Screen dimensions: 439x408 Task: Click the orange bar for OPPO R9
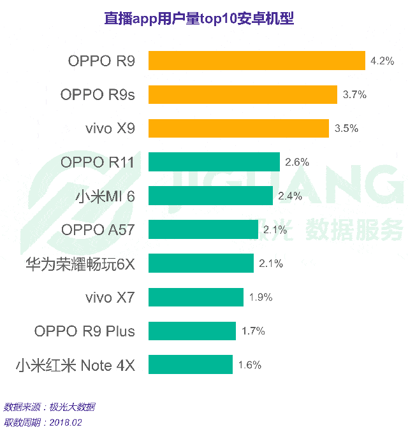click(257, 61)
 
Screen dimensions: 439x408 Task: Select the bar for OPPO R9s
click(243, 94)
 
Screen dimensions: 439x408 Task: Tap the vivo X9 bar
click(239, 128)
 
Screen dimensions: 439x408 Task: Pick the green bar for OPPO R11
click(214, 162)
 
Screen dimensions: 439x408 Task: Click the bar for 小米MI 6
click(210, 196)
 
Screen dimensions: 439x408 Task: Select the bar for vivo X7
click(196, 297)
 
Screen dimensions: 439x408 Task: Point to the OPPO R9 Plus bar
click(193, 331)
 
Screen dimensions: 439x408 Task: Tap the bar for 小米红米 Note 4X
click(191, 364)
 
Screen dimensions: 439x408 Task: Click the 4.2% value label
click(382, 61)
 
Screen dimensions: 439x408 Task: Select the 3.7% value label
click(354, 95)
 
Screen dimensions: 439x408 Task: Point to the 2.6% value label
click(297, 162)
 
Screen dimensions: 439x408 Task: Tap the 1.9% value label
click(261, 298)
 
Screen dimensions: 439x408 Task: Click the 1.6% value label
click(249, 365)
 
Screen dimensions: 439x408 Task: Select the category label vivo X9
click(110, 128)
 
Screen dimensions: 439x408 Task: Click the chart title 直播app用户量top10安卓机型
click(199, 18)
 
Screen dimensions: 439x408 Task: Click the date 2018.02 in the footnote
click(66, 422)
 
